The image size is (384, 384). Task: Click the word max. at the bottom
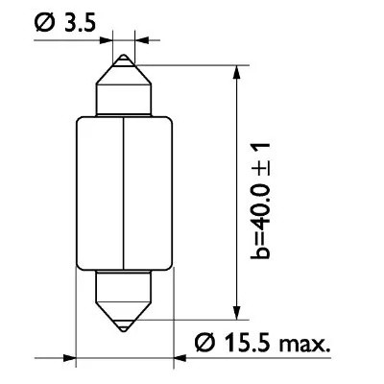(x=310, y=340)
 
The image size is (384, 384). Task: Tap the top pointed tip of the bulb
(x=126, y=57)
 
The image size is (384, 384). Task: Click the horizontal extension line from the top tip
(x=192, y=65)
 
